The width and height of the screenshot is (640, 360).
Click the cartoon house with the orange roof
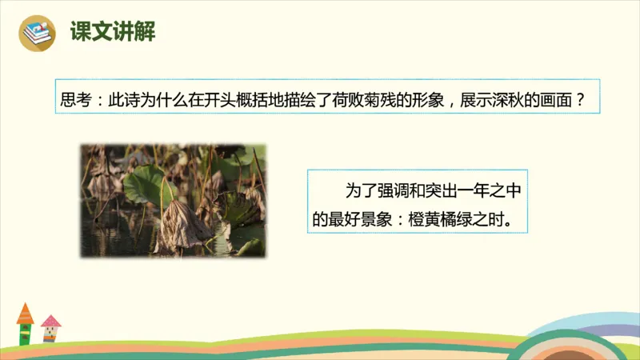tap(26, 322)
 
